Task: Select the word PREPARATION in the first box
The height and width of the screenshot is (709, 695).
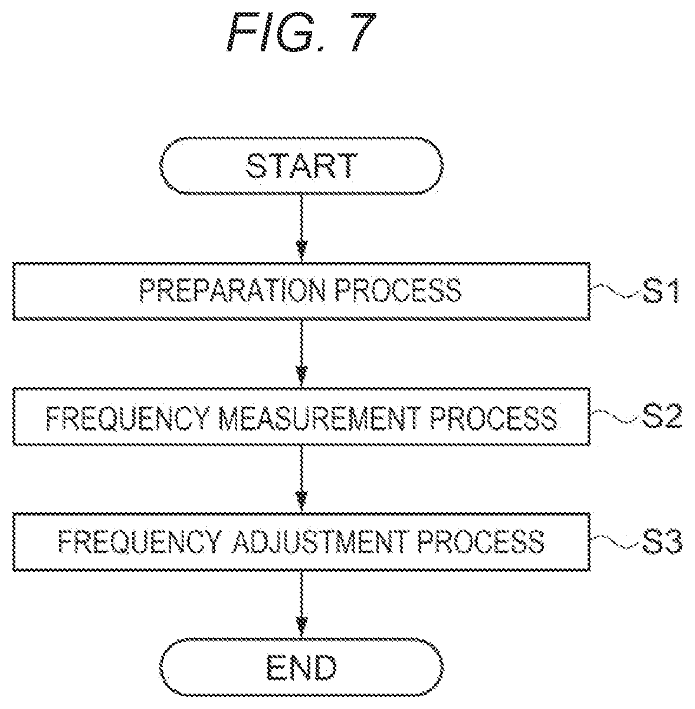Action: click(x=232, y=291)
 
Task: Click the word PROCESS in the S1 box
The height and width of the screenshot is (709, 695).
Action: click(x=398, y=291)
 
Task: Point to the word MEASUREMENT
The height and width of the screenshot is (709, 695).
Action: click(x=320, y=418)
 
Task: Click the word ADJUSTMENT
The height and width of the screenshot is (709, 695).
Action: click(x=320, y=541)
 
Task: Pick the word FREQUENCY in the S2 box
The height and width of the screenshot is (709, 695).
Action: click(x=128, y=418)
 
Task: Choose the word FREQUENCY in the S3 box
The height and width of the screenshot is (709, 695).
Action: click(x=140, y=541)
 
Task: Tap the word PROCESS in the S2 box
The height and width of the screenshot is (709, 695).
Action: click(x=493, y=418)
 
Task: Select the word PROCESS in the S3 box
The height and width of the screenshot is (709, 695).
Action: click(x=481, y=541)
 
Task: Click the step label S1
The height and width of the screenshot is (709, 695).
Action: click(x=661, y=291)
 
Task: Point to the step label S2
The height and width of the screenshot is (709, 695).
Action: click(x=662, y=416)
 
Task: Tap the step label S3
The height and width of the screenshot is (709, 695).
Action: click(x=662, y=541)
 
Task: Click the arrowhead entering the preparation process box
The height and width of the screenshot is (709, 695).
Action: click(x=301, y=251)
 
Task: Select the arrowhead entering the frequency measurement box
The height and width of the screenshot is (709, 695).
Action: click(x=301, y=376)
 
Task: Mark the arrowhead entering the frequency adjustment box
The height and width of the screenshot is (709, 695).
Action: click(x=301, y=501)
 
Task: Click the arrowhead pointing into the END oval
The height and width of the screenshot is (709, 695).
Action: click(x=301, y=626)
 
